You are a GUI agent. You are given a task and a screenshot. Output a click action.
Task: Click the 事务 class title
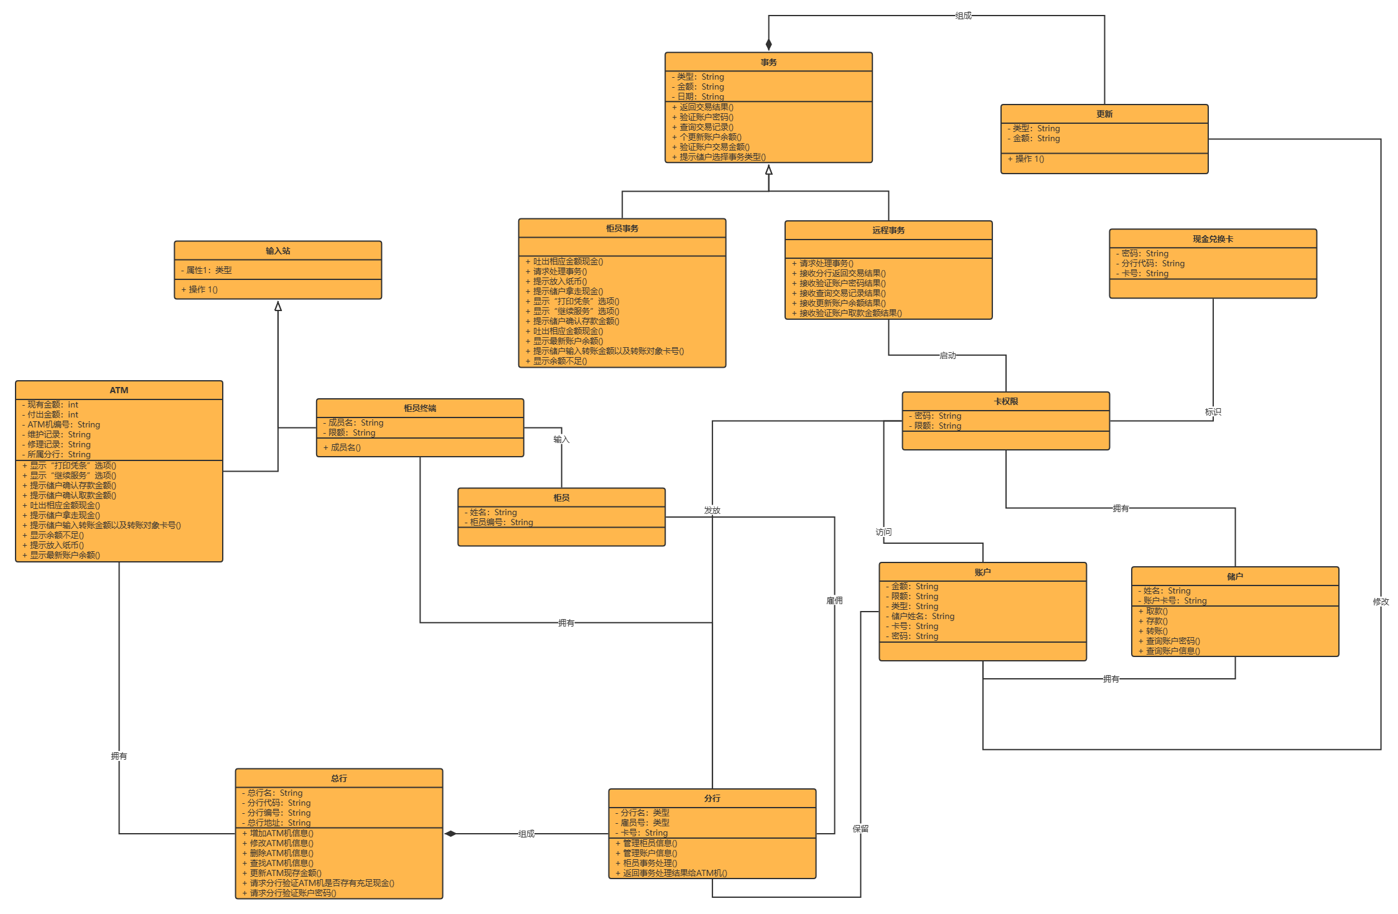point(768,62)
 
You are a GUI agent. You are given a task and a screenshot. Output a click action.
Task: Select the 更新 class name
point(1104,114)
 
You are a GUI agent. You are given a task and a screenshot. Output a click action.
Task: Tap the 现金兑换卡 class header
point(1213,239)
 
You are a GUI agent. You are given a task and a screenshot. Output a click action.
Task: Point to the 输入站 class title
point(277,251)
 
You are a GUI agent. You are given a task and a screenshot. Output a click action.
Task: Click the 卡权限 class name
point(1005,401)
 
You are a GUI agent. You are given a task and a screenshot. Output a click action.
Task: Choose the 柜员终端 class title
point(419,408)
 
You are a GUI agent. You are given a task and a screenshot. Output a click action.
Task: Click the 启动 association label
point(948,355)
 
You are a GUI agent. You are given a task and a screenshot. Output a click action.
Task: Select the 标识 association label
point(1213,412)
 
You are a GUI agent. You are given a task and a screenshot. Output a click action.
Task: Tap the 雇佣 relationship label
point(834,600)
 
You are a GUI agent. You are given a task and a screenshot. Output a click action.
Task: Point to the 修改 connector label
point(1381,602)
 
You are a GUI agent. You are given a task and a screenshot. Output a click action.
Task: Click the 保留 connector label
point(860,829)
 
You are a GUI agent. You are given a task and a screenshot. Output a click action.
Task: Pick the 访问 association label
point(883,532)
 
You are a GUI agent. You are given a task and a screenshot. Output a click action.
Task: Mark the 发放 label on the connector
point(712,510)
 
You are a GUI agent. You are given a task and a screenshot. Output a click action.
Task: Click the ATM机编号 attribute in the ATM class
point(63,424)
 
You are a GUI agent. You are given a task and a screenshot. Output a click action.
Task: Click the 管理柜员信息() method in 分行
point(650,843)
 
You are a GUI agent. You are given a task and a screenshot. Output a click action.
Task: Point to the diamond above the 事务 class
point(768,44)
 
